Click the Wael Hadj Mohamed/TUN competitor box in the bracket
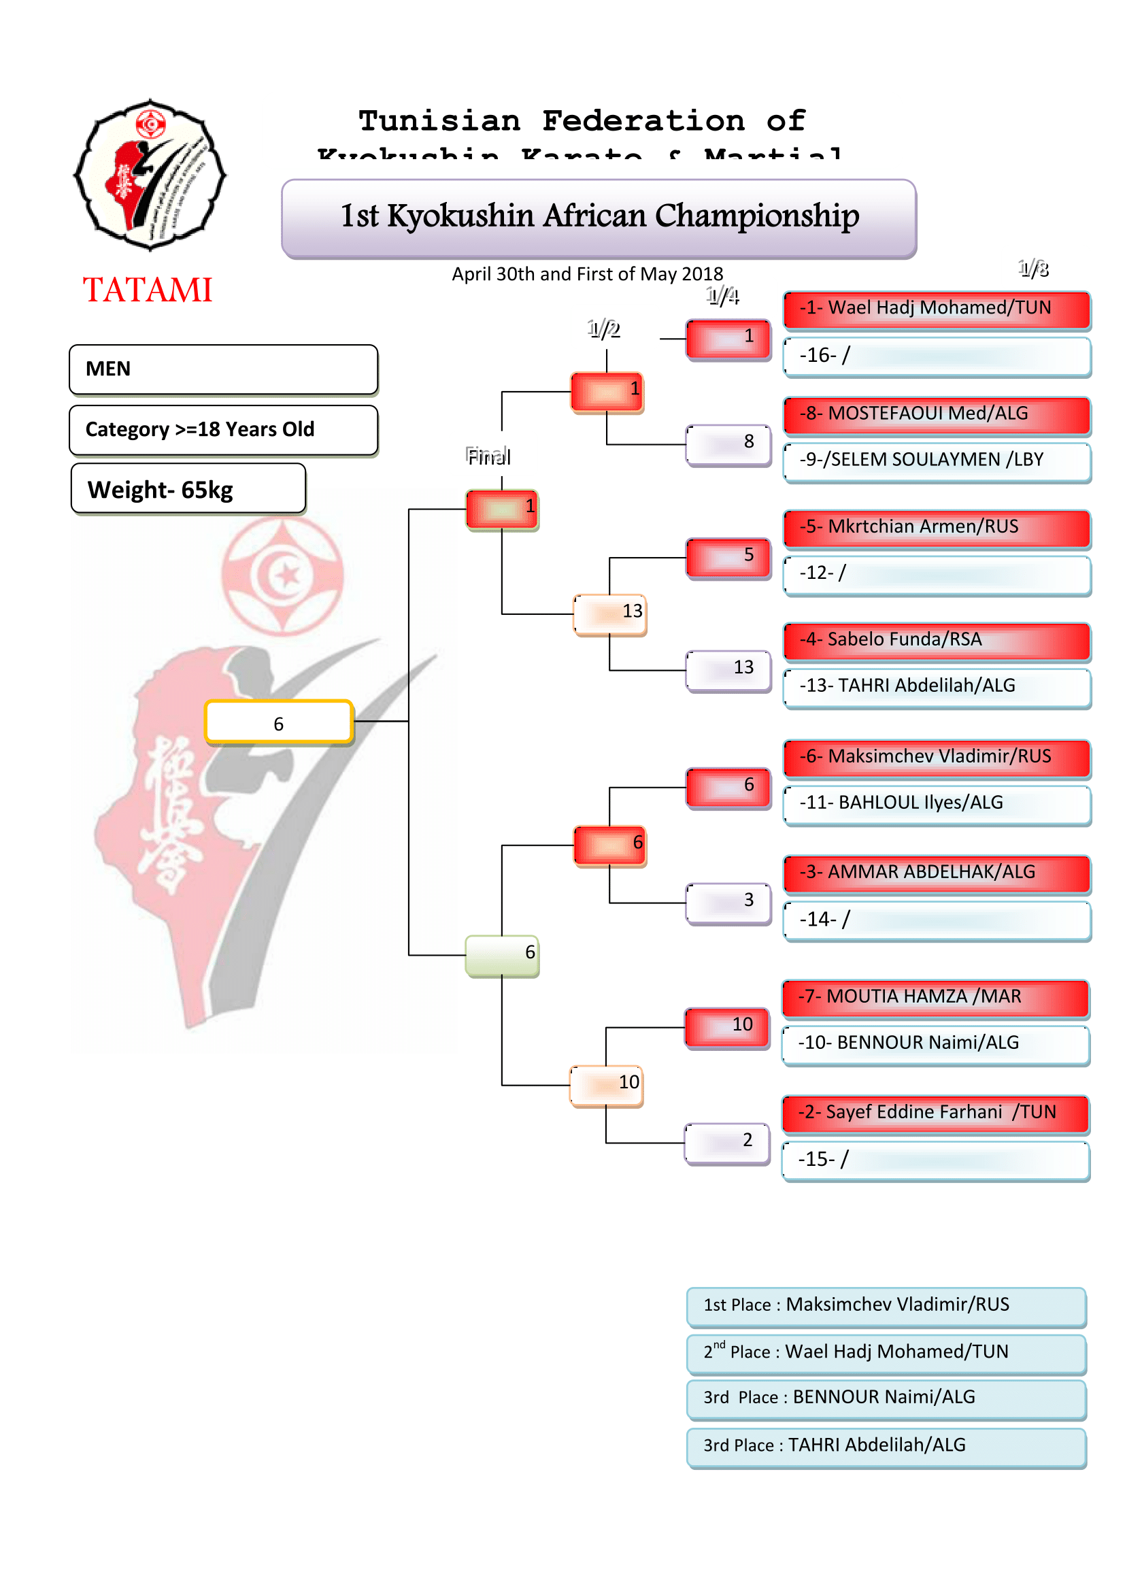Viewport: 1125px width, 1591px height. [x=937, y=309]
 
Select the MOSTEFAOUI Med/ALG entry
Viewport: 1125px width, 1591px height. [x=937, y=414]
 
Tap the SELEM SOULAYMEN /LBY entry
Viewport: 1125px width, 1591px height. [x=937, y=460]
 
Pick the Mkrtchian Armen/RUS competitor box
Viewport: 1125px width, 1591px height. [x=937, y=528]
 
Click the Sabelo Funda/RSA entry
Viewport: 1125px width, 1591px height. [x=937, y=641]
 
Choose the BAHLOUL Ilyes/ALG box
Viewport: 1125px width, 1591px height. [x=937, y=804]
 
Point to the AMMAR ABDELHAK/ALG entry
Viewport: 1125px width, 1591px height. [x=937, y=873]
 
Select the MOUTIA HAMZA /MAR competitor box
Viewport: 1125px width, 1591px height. [x=935, y=998]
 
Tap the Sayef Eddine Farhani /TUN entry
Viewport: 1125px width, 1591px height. [x=935, y=1113]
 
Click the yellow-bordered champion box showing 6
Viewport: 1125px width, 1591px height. [x=278, y=723]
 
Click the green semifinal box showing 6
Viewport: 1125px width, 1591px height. [x=501, y=955]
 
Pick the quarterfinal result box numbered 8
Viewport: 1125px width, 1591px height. [x=728, y=444]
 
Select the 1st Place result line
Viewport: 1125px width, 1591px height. [x=886, y=1305]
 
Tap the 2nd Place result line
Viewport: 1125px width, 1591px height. [x=886, y=1353]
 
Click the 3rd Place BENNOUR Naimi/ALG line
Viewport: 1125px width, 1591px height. [x=886, y=1399]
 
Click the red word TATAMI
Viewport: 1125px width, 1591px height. [x=148, y=290]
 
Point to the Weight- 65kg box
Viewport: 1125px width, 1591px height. [x=188, y=489]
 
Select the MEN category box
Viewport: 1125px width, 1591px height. [x=223, y=369]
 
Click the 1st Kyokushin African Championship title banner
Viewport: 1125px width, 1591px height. [x=599, y=218]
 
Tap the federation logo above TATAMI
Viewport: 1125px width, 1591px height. [x=150, y=175]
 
